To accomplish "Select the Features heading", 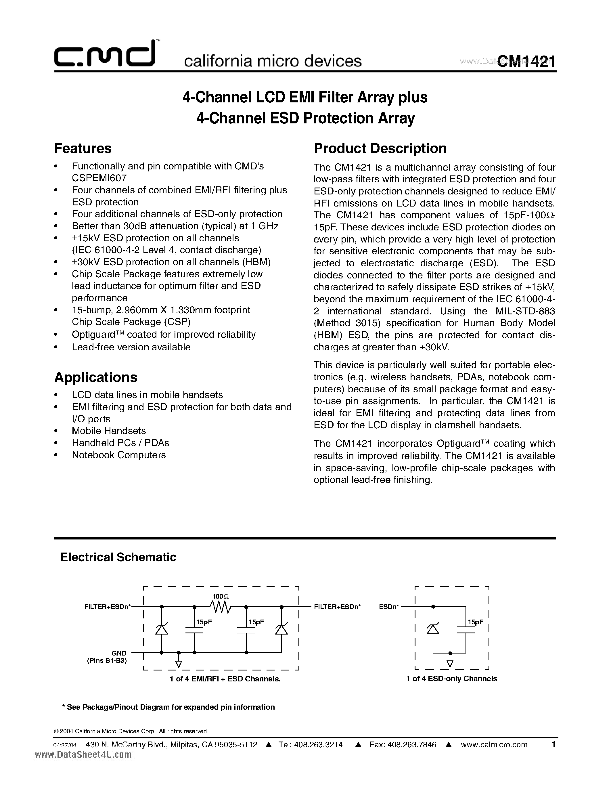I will pyautogui.click(x=83, y=148).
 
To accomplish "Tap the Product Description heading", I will pyautogui.click(x=380, y=148).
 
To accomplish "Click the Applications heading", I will pyautogui.click(x=96, y=377).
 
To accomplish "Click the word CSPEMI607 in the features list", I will pyautogui.click(x=99, y=178).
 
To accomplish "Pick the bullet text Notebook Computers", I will pyautogui.click(x=119, y=455).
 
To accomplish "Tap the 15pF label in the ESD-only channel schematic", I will pyautogui.click(x=475, y=622).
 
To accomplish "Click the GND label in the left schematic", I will pyautogui.click(x=119, y=653).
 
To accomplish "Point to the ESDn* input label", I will pyautogui.click(x=389, y=606).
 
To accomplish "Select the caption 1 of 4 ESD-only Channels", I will pyautogui.click(x=452, y=679).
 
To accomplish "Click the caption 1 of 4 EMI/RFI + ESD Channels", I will pyautogui.click(x=225, y=679).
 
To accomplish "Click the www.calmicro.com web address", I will pyautogui.click(x=494, y=745).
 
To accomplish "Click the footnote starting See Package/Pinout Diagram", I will pyautogui.click(x=169, y=707).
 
